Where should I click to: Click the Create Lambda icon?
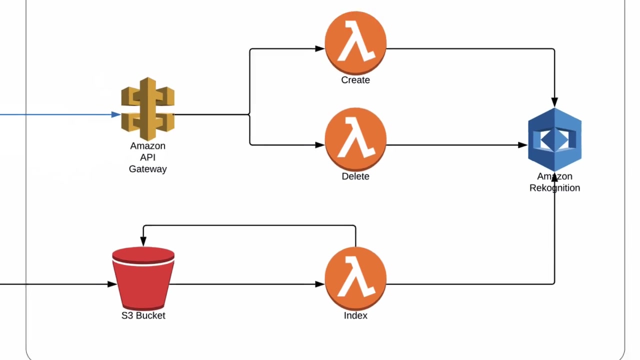355,42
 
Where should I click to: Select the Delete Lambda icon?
355,139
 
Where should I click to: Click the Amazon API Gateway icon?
147,108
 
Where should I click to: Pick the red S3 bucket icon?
143,278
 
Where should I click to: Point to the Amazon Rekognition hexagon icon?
554,139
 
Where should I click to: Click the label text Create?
355,80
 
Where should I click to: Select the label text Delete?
355,176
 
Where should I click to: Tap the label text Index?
355,315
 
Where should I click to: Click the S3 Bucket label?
143,315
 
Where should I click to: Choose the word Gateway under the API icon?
147,169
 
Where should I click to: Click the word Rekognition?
554,188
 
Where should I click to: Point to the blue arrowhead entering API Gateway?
116,114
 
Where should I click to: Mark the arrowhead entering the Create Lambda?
320,49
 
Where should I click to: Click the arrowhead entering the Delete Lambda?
320,145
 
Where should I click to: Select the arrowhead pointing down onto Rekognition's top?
554,102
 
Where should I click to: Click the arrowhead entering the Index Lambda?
320,284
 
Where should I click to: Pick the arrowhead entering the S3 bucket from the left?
112,284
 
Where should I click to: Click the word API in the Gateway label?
147,157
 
